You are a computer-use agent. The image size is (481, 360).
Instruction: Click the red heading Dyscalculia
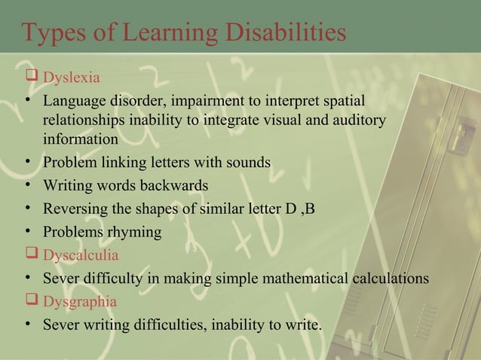coord(81,255)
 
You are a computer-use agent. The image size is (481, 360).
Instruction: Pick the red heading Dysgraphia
coord(80,302)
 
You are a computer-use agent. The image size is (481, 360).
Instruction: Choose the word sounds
coord(247,162)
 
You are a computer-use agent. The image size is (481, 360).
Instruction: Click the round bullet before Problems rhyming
coord(26,231)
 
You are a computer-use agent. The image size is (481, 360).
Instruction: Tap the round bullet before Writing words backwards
coord(26,185)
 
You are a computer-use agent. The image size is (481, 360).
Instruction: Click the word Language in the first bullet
coord(74,101)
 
